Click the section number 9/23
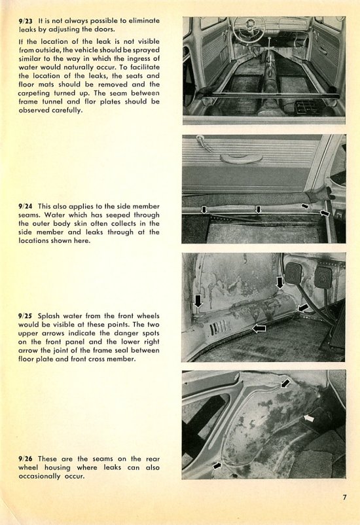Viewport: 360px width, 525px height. [x=26, y=21]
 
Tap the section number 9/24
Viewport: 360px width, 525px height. [x=26, y=206]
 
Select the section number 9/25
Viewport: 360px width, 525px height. [x=26, y=316]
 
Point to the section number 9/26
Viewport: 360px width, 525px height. [x=26, y=459]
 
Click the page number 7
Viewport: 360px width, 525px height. [x=344, y=498]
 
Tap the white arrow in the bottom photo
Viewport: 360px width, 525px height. [x=309, y=418]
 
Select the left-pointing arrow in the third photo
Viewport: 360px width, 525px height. [x=259, y=329]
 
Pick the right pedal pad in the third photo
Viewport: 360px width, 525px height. [x=323, y=278]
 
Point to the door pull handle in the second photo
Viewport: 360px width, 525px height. [x=241, y=158]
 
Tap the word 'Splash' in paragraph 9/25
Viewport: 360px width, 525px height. [x=49, y=316]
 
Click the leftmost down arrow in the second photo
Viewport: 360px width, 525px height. [x=204, y=209]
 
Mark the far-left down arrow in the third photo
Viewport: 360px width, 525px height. [x=198, y=300]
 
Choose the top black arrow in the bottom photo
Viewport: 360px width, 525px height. [x=285, y=383]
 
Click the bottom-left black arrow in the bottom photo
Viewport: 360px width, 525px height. [x=217, y=465]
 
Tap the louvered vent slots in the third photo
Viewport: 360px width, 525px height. [x=218, y=327]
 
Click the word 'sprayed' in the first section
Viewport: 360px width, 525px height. [x=147, y=50]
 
